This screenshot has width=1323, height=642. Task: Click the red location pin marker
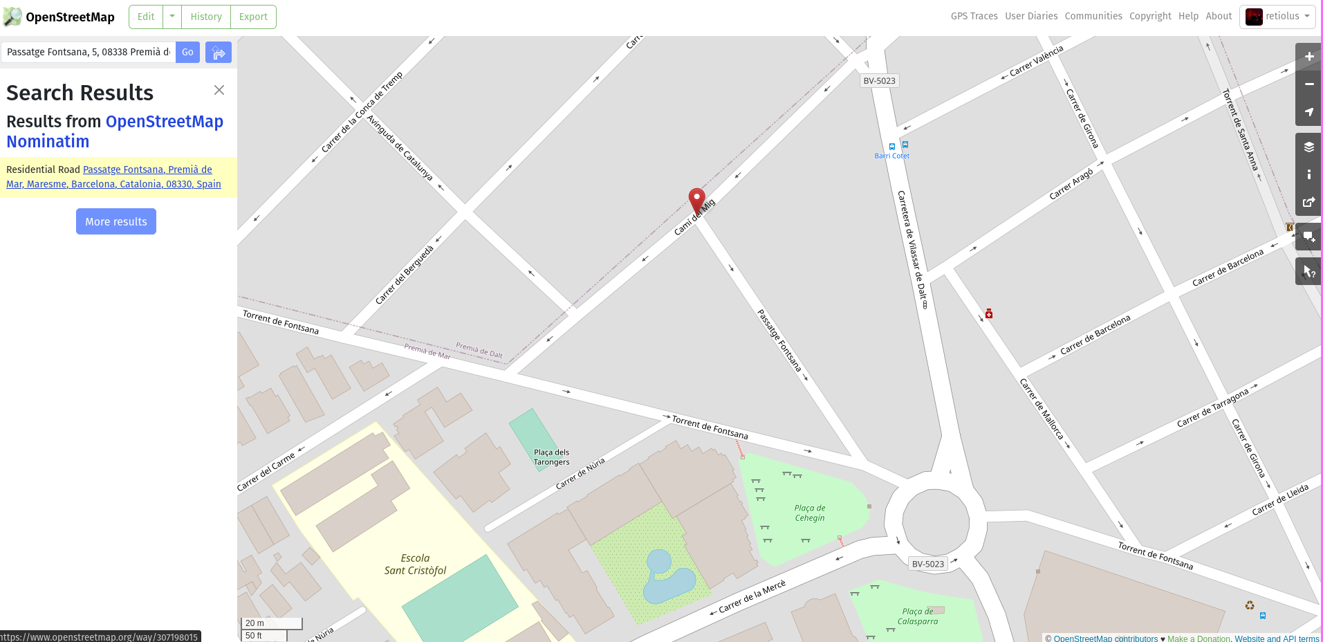pos(696,200)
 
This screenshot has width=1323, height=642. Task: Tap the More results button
pos(116,221)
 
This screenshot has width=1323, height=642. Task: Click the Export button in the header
pos(253,17)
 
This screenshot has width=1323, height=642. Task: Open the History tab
pos(206,17)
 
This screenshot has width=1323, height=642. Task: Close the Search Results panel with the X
pos(219,90)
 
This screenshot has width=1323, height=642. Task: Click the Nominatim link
pos(48,141)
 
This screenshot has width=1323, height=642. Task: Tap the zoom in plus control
pos(1308,57)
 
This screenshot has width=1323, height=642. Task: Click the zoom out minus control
pos(1308,84)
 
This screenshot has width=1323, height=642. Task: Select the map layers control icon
pos(1308,147)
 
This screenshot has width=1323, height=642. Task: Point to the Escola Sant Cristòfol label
pos(415,565)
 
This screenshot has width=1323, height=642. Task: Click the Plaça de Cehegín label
pos(810,513)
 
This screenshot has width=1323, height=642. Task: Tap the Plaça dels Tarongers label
pos(551,457)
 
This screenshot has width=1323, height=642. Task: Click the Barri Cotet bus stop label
pos(891,156)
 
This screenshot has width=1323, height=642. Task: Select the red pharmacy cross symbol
pos(989,314)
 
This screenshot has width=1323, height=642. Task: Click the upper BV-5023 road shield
pos(879,81)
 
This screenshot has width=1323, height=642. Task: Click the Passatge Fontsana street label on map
pos(779,340)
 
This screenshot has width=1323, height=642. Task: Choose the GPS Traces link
pos(974,16)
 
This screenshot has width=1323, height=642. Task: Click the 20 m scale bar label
pos(255,623)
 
